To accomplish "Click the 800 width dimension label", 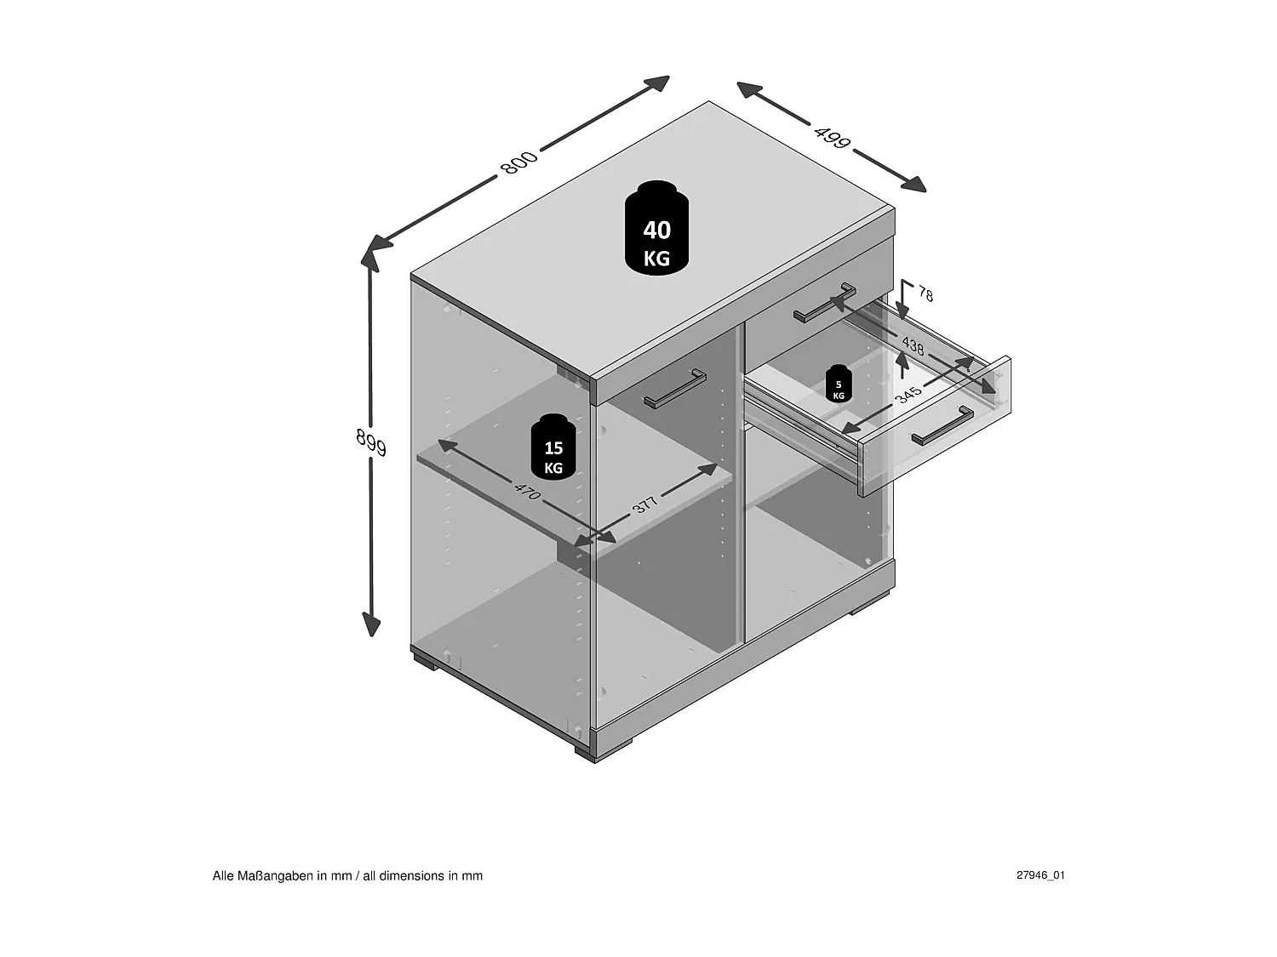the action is (519, 162).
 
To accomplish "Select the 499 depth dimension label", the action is (832, 137).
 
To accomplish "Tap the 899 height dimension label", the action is (371, 442).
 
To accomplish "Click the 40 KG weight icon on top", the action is (657, 228).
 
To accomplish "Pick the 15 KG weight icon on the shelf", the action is (553, 447).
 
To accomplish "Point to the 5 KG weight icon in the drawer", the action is (839, 384).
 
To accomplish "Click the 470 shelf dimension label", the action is (528, 491).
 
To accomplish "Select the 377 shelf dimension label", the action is (644, 504).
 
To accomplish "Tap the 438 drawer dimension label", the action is (913, 345).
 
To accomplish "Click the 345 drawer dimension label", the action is (908, 395).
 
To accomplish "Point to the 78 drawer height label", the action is (925, 294).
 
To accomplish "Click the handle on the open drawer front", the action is (942, 426).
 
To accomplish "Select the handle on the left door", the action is (675, 389).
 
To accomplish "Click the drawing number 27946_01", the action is (1040, 875).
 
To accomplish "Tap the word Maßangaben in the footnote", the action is (275, 875).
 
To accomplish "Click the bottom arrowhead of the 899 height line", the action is (371, 624).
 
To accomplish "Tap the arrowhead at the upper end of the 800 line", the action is (658, 83).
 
